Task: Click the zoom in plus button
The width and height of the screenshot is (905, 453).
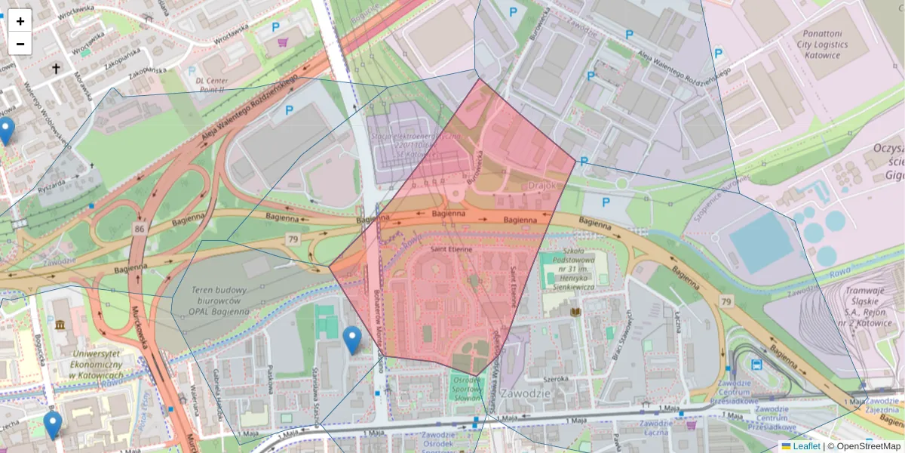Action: click(x=20, y=21)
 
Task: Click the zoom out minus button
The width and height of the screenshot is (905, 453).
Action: click(x=20, y=44)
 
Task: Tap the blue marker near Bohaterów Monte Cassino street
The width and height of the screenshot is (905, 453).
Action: click(x=351, y=341)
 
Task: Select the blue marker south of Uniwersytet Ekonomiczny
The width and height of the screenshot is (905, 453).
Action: click(x=52, y=425)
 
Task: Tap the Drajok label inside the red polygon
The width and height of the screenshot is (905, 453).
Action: click(x=542, y=185)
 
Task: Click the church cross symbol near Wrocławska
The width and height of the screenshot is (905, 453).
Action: click(x=56, y=69)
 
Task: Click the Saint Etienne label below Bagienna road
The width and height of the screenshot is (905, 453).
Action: click(x=452, y=249)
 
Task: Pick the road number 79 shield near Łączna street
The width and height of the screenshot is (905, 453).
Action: click(x=726, y=302)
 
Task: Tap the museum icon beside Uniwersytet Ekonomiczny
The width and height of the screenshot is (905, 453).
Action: click(x=60, y=325)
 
